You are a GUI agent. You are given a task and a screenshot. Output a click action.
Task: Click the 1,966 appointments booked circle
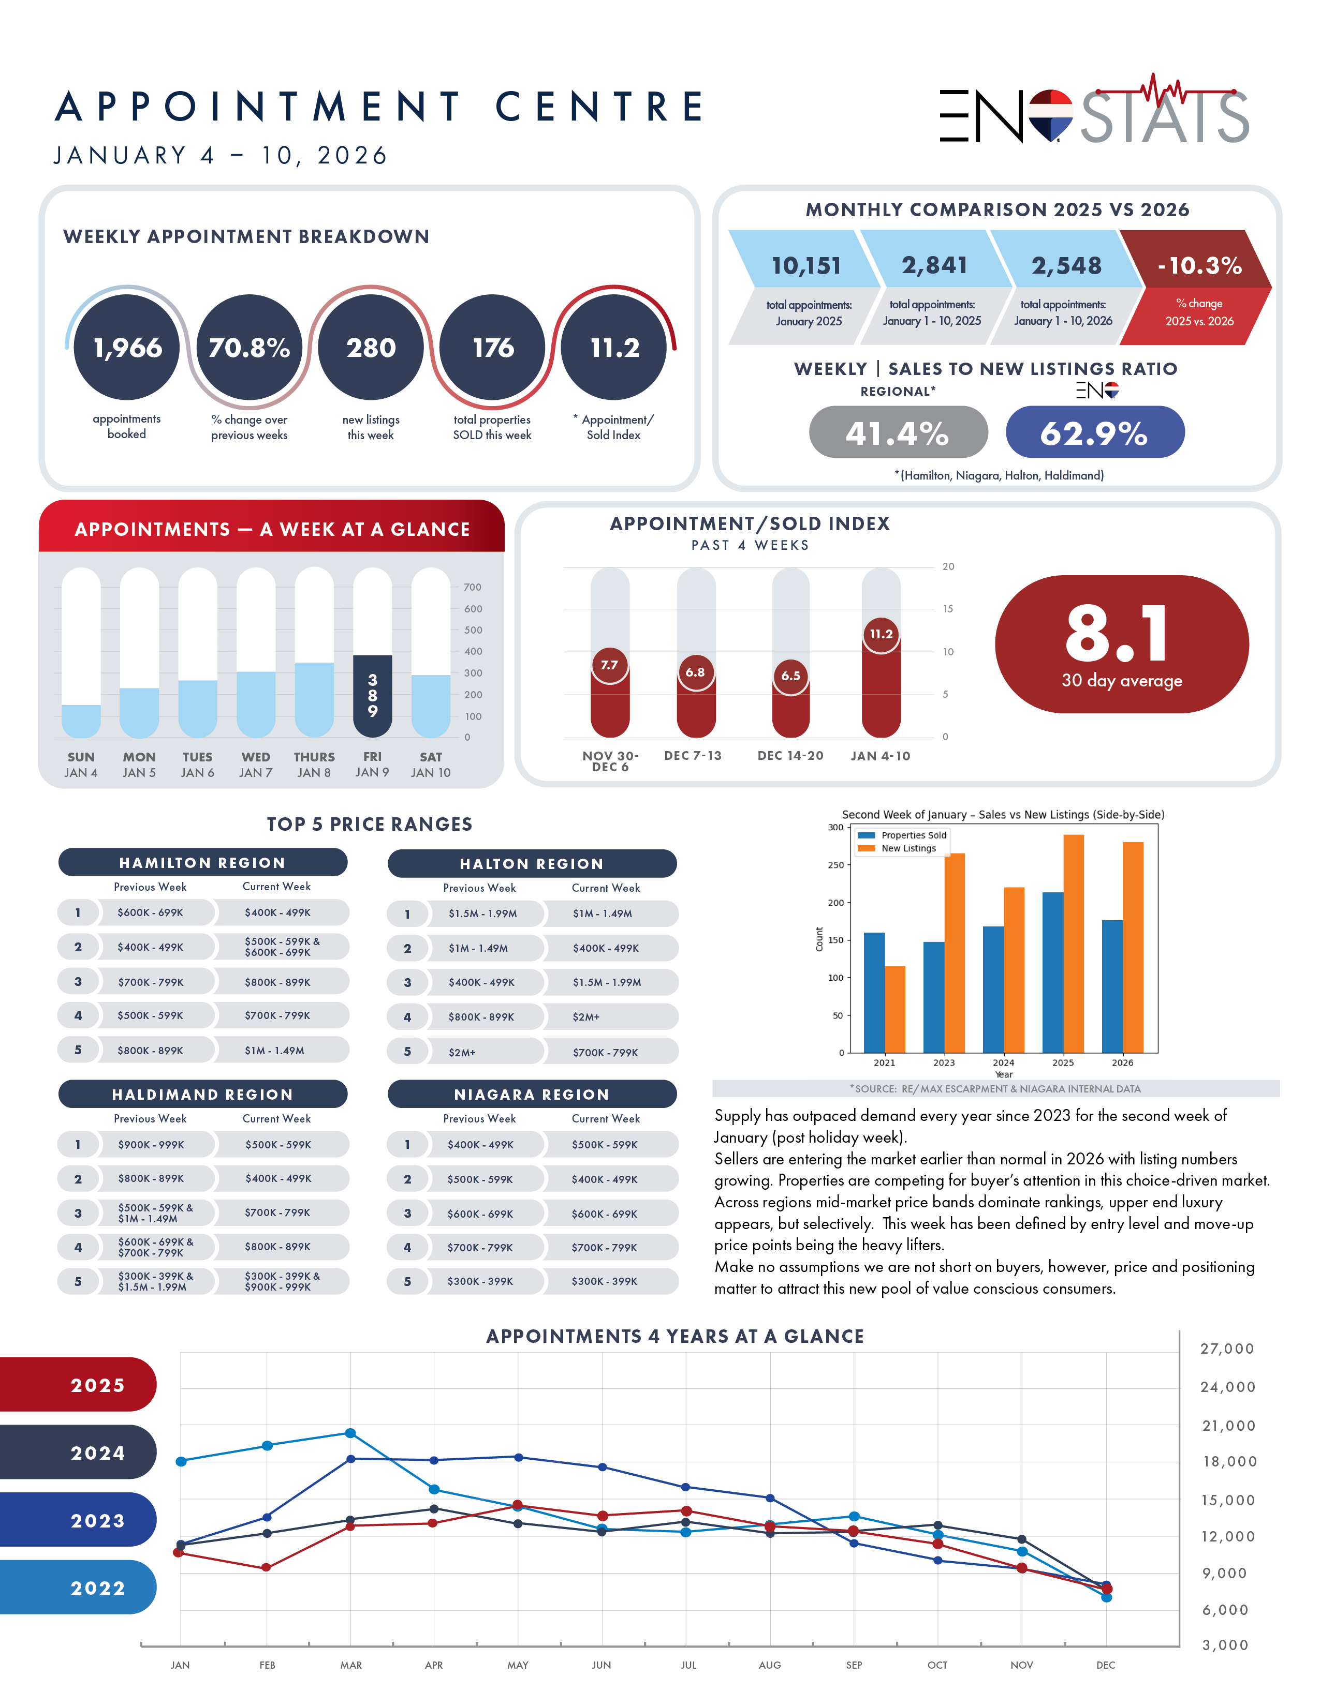(x=127, y=347)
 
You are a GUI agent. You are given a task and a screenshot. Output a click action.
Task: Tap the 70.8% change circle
(x=250, y=347)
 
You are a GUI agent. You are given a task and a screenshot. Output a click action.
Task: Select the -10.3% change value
(x=1199, y=266)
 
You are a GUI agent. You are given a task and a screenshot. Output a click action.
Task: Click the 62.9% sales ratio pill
(x=1094, y=432)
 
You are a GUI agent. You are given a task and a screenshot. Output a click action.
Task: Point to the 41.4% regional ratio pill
(x=898, y=432)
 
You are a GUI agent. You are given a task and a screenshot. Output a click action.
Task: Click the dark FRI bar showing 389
(x=372, y=696)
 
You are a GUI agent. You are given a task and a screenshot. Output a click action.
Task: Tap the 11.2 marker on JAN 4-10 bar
(x=881, y=634)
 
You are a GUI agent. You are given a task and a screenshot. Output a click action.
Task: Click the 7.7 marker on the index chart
(x=609, y=665)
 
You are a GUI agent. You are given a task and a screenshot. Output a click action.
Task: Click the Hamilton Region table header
(x=202, y=862)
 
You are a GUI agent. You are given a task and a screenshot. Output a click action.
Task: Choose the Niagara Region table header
(x=532, y=1094)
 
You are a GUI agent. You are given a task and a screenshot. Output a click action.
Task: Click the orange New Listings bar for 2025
(x=1073, y=944)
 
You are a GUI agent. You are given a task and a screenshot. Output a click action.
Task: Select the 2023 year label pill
(x=78, y=1520)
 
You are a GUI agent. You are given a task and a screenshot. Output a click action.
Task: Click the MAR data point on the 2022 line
(x=350, y=1433)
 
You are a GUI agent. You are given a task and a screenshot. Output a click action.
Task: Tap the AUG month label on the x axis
(x=769, y=1665)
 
